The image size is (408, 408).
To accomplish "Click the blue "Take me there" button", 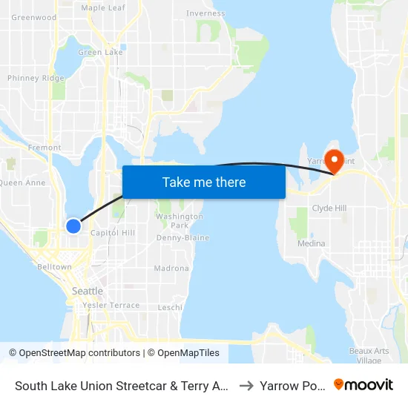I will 204,182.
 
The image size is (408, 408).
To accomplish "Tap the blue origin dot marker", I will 73,226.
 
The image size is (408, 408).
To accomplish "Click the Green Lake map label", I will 100,53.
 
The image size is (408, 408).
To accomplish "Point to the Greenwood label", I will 34,17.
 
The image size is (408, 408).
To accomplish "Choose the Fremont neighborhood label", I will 45,148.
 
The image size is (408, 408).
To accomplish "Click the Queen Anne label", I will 22,182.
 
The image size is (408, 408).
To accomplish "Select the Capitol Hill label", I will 112,233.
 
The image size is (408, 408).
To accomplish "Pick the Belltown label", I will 54,266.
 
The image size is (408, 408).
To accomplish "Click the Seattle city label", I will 88,291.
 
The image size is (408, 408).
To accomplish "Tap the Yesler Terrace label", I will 111,305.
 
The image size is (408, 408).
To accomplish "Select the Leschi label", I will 170,307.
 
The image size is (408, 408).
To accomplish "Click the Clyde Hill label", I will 330,208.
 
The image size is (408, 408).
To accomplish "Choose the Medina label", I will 311,243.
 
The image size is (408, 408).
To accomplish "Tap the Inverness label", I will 205,13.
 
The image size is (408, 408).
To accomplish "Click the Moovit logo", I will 363,385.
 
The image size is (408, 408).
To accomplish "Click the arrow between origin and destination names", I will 246,386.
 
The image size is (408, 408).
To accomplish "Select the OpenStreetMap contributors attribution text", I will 74,353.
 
